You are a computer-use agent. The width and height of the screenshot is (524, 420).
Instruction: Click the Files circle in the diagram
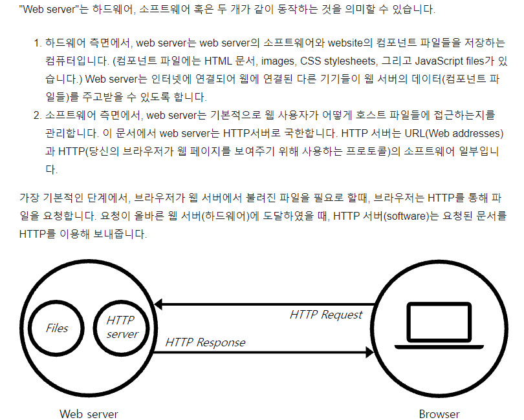tap(57, 328)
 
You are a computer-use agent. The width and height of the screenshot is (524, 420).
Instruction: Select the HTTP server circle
tap(121, 327)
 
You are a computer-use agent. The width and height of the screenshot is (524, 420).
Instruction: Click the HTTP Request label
tap(326, 315)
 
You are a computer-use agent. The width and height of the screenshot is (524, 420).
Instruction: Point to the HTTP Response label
tap(205, 342)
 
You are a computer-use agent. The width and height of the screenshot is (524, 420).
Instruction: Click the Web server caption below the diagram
tap(89, 414)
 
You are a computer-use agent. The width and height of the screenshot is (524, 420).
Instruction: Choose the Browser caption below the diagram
tap(439, 414)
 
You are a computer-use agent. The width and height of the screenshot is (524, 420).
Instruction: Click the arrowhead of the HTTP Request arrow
tap(158, 304)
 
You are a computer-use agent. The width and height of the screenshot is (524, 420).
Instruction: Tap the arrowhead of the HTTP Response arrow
tap(370, 352)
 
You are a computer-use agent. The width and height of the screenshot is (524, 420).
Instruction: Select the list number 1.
tap(36, 43)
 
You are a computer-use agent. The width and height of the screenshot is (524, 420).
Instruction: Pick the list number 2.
tap(36, 116)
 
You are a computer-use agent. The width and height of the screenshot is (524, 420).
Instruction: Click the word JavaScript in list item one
tap(433, 61)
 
